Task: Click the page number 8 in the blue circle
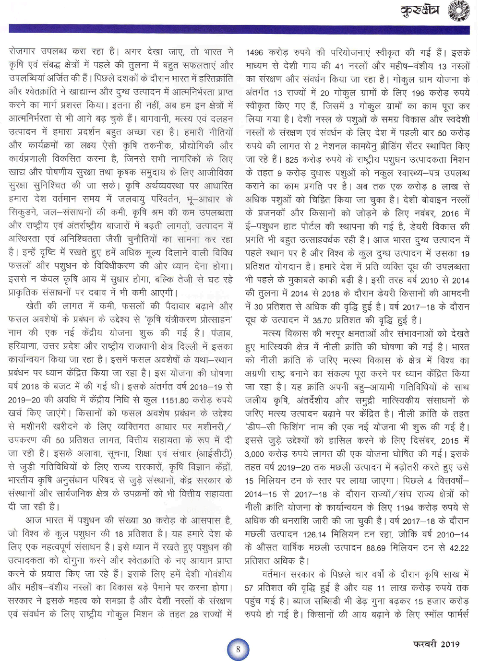(x=238, y=649)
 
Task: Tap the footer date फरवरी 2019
(x=436, y=644)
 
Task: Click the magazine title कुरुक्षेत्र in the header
(x=420, y=11)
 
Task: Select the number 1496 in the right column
(x=255, y=53)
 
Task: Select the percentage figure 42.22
(x=459, y=548)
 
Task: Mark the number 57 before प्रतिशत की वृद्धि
(x=250, y=588)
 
